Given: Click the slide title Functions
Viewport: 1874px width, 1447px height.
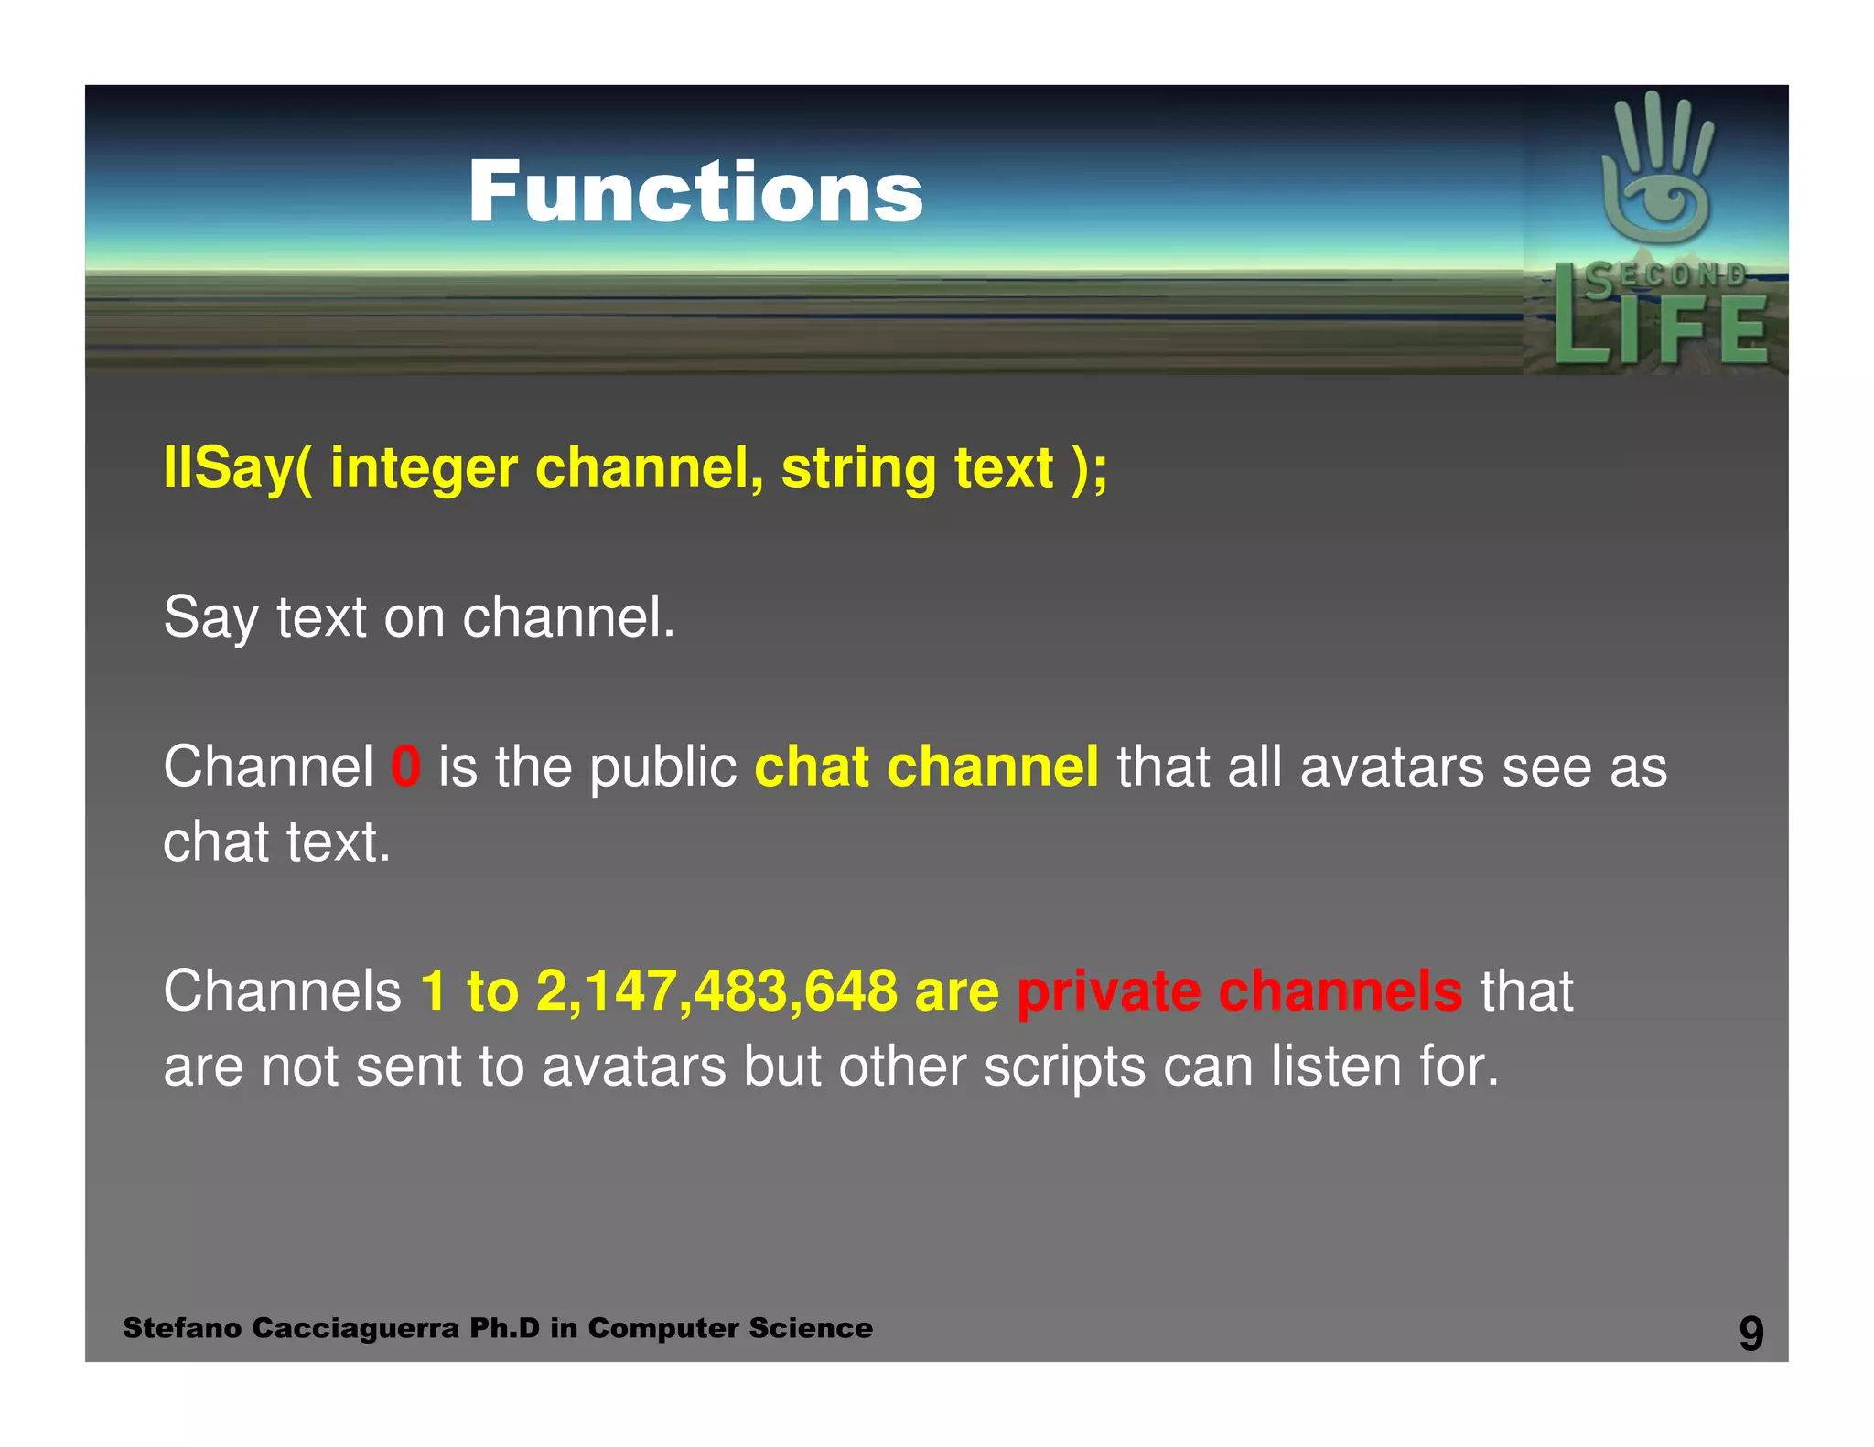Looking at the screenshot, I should point(695,192).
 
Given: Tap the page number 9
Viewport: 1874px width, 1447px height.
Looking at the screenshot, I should point(1750,1333).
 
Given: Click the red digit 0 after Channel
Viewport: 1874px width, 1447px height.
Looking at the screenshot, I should point(405,766).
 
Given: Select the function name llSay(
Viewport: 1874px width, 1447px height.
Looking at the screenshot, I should point(237,468).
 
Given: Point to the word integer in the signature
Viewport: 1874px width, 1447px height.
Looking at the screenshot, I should point(424,468).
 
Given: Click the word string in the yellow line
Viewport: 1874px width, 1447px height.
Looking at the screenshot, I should point(857,468).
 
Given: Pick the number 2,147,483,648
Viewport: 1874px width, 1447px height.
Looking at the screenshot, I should point(716,991).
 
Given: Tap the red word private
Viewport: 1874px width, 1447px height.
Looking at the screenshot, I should point(1108,991).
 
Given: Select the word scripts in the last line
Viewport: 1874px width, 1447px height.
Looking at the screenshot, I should point(1064,1067).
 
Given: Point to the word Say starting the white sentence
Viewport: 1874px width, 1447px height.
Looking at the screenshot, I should point(210,618).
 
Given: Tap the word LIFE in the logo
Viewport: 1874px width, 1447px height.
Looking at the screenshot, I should point(1661,331).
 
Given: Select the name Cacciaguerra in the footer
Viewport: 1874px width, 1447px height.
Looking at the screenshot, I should point(355,1328).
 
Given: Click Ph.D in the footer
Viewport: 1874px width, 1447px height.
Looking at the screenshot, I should point(504,1328).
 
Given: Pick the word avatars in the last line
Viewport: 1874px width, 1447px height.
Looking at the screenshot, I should point(633,1067).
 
